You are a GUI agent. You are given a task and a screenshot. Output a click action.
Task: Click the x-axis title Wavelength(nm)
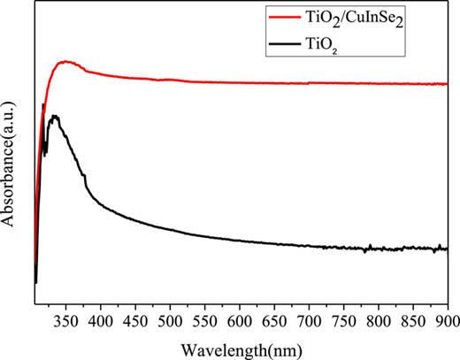tap(240, 343)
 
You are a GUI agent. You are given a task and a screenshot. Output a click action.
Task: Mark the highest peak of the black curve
tap(55, 116)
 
